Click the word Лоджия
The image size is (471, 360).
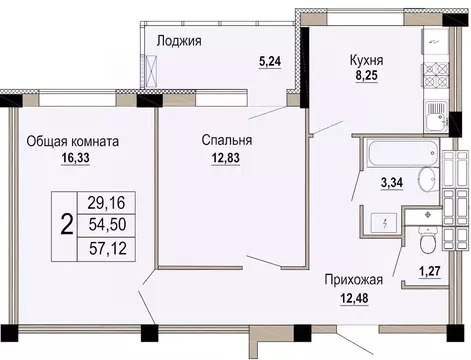pos(180,41)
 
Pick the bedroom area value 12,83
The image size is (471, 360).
pos(219,158)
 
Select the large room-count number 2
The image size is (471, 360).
pos(66,224)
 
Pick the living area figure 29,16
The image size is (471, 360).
pos(107,201)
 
